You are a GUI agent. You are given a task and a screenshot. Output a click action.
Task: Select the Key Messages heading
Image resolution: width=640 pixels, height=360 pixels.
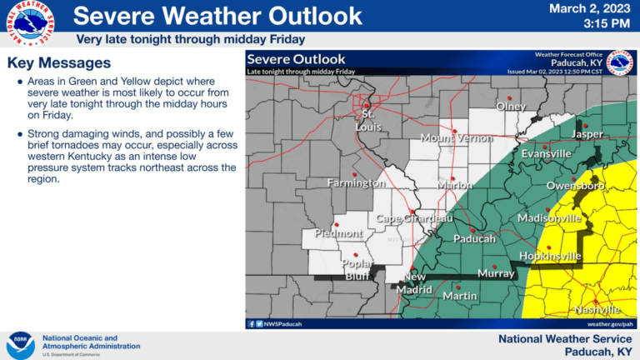58,63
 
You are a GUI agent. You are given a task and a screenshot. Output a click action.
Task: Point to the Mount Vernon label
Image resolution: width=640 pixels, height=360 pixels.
457,137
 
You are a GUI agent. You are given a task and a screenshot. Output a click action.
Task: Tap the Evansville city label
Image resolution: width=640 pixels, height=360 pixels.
547,153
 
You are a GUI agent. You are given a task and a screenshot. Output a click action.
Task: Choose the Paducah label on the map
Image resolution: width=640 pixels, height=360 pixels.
474,238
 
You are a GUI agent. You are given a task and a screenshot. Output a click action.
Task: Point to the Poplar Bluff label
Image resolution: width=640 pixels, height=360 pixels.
357,269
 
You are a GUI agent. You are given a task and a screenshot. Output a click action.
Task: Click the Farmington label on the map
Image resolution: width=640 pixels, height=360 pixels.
356,182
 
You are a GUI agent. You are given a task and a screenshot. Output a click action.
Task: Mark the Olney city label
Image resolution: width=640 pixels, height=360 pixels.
511,107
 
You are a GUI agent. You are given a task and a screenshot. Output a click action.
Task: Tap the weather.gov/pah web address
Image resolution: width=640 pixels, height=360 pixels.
610,323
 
